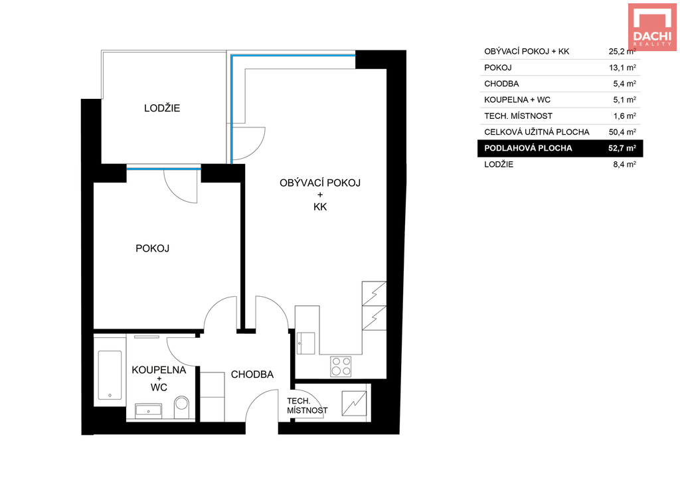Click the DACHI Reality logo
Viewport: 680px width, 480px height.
pos(652,27)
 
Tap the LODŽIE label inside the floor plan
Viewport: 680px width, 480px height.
pos(162,108)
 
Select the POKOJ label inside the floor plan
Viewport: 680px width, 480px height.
pos(152,248)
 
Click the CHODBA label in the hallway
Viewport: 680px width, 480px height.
pos(252,374)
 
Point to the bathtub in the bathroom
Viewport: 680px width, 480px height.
pos(110,374)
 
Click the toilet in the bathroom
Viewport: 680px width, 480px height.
pos(182,408)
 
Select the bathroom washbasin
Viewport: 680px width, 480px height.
pos(148,411)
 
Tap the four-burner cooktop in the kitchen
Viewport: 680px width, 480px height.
pos(341,366)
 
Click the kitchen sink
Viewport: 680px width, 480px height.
pos(305,343)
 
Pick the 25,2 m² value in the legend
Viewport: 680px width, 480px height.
pos(622,51)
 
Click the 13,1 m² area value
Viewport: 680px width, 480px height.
pos(622,68)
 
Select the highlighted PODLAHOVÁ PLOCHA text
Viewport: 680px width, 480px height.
pos(528,148)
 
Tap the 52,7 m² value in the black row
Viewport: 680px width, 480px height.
pos(622,148)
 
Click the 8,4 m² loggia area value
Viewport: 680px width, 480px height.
pos(624,165)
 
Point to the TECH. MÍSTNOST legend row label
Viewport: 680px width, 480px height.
pos(518,116)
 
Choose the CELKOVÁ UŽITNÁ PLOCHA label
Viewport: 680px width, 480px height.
pos(537,132)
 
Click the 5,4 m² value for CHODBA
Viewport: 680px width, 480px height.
pos(624,84)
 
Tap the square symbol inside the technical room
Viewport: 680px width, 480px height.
pos(354,404)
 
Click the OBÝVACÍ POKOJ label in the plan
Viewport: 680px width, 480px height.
pos(320,183)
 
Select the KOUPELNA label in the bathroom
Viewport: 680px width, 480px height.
pos(159,370)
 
